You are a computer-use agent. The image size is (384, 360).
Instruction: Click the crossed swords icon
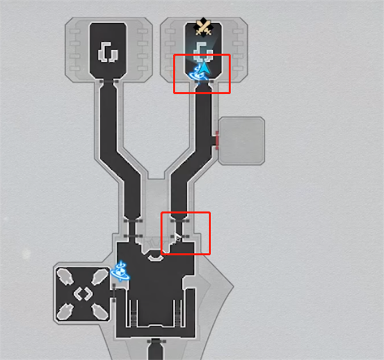[204, 26]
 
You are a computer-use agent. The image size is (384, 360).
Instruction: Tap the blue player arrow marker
[204, 68]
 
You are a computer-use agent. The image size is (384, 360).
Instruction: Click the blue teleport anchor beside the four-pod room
[119, 272]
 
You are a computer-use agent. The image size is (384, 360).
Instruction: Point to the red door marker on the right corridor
[218, 139]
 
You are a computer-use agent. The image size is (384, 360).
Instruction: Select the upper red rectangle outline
[202, 74]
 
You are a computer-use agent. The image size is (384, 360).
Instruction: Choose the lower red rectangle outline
[186, 233]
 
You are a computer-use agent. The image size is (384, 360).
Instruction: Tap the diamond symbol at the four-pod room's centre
[83, 295]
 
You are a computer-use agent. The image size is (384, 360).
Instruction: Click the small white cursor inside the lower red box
[178, 238]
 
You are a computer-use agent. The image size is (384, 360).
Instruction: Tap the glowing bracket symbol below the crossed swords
[204, 49]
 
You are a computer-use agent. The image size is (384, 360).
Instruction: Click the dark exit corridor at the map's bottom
[154, 350]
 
